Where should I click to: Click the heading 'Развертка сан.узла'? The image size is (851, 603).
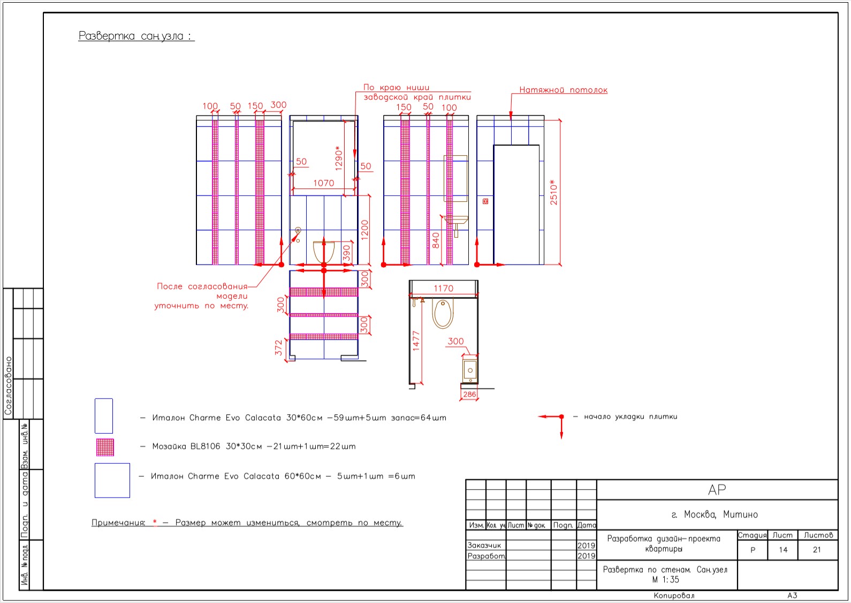(x=136, y=36)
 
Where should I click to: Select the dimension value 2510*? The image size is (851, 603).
(x=553, y=192)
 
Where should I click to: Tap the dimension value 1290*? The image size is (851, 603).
(x=338, y=157)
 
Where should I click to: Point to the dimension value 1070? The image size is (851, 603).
(x=324, y=183)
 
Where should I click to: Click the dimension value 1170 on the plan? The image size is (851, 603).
(x=443, y=289)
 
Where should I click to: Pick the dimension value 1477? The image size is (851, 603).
(x=416, y=341)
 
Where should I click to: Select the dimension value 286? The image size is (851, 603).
(x=469, y=394)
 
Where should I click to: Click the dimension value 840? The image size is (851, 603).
(x=436, y=240)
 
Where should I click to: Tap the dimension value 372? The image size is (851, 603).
(x=278, y=348)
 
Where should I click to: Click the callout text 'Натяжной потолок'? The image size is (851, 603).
(x=564, y=90)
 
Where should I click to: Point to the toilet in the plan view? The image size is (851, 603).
(x=443, y=314)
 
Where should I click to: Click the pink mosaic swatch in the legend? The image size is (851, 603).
(x=105, y=447)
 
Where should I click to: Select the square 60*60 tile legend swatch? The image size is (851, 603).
(x=112, y=480)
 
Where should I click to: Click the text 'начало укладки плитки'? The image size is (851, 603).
(x=630, y=417)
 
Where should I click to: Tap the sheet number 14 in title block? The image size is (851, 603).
(x=783, y=550)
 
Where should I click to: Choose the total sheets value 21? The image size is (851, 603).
(x=817, y=550)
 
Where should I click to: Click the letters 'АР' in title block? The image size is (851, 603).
(x=717, y=489)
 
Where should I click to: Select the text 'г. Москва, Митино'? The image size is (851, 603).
(x=715, y=515)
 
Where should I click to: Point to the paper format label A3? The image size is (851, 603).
(x=792, y=596)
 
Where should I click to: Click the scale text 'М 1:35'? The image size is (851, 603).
(x=665, y=580)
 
